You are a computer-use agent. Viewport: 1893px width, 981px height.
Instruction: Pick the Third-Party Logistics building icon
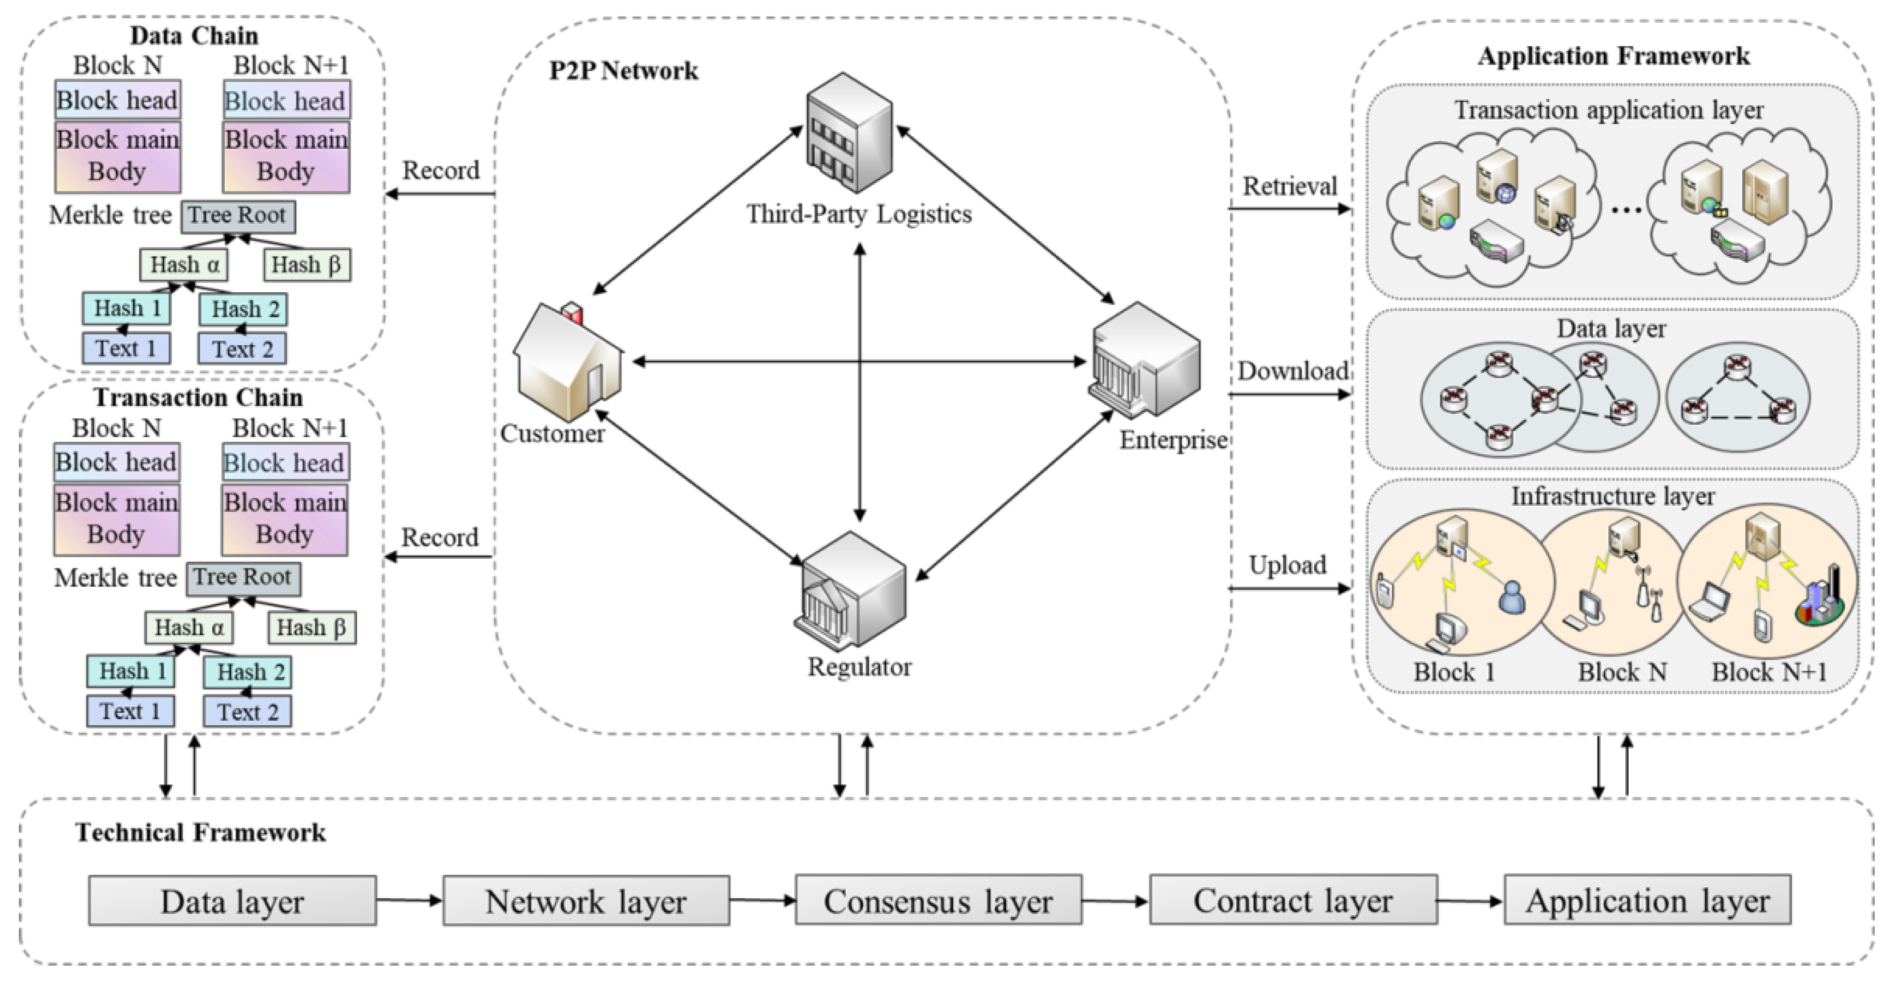pyautogui.click(x=850, y=132)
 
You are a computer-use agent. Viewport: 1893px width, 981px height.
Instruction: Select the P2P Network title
pyautogui.click(x=623, y=71)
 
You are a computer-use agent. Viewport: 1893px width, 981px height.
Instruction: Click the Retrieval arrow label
pyautogui.click(x=1289, y=186)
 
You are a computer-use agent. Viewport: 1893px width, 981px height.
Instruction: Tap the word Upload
pyautogui.click(x=1287, y=565)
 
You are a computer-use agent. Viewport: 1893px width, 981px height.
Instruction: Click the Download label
pyautogui.click(x=1292, y=370)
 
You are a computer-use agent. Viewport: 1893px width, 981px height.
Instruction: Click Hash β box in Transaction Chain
pyautogui.click(x=312, y=628)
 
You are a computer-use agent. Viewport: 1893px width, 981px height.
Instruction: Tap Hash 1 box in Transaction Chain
pyautogui.click(x=131, y=672)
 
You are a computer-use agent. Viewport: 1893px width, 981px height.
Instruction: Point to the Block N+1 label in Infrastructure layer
pyautogui.click(x=1769, y=672)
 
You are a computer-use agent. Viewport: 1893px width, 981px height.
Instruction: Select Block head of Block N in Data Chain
pyautogui.click(x=118, y=100)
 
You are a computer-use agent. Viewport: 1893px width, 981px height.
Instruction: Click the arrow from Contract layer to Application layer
pyautogui.click(x=1470, y=901)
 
